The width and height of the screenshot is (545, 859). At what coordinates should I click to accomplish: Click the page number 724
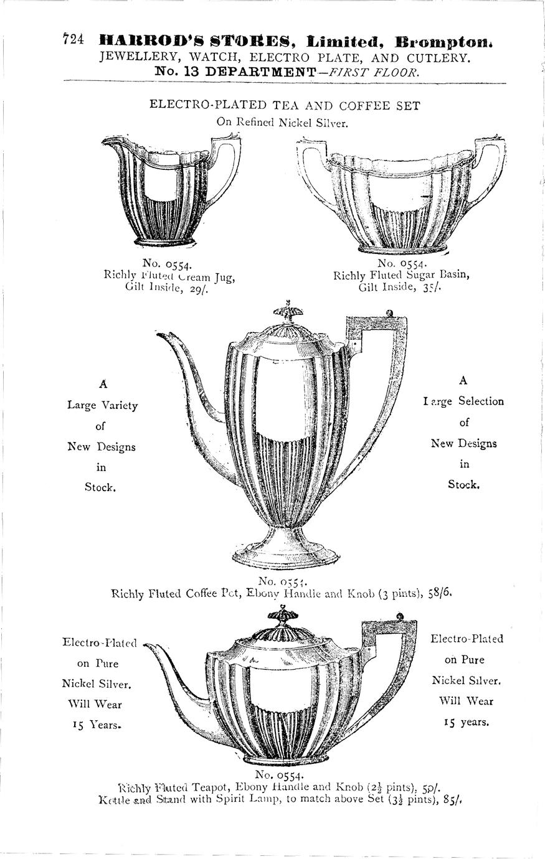[73, 39]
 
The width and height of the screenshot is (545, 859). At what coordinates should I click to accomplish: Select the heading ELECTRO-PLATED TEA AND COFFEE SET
[285, 105]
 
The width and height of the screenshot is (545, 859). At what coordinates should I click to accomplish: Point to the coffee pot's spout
[187, 373]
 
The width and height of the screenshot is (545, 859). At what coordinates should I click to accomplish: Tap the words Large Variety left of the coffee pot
[103, 405]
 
